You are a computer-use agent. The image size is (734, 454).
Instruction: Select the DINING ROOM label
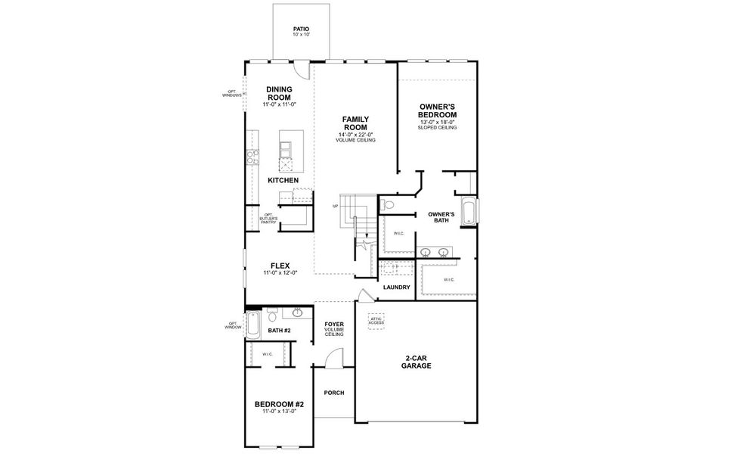[x=279, y=93]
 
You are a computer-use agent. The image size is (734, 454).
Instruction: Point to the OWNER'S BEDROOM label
[x=438, y=110]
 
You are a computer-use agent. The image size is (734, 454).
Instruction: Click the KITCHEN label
[x=283, y=180]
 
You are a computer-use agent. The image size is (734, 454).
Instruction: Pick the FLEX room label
[x=280, y=266]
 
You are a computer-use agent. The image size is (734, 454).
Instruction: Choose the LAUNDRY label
[x=396, y=288]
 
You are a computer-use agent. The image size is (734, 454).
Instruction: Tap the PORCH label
[x=333, y=393]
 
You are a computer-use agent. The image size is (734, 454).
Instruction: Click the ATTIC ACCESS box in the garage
[x=376, y=321]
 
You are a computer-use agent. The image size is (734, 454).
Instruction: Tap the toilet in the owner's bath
[x=387, y=204]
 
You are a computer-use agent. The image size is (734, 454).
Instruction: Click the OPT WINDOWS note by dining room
[x=231, y=94]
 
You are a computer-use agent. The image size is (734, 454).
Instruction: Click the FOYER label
[x=334, y=325]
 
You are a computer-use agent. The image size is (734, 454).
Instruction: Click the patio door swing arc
[x=302, y=70]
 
